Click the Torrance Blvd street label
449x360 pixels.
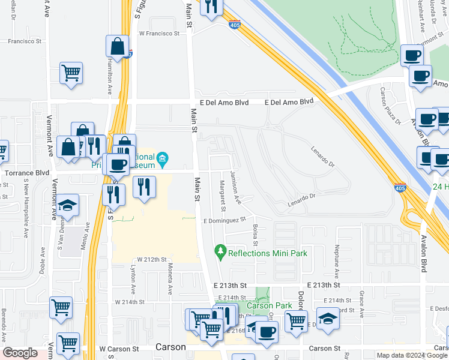[26, 173]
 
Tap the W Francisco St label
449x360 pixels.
[159, 34]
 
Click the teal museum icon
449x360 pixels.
[163, 159]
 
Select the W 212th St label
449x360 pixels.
[151, 259]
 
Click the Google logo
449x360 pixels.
[20, 353]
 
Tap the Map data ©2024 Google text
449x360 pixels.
[411, 355]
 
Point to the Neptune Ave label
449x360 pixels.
[337, 256]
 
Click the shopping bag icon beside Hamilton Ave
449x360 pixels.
[118, 46]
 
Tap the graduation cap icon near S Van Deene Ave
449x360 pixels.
[68, 206]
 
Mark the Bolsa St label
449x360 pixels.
[255, 235]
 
